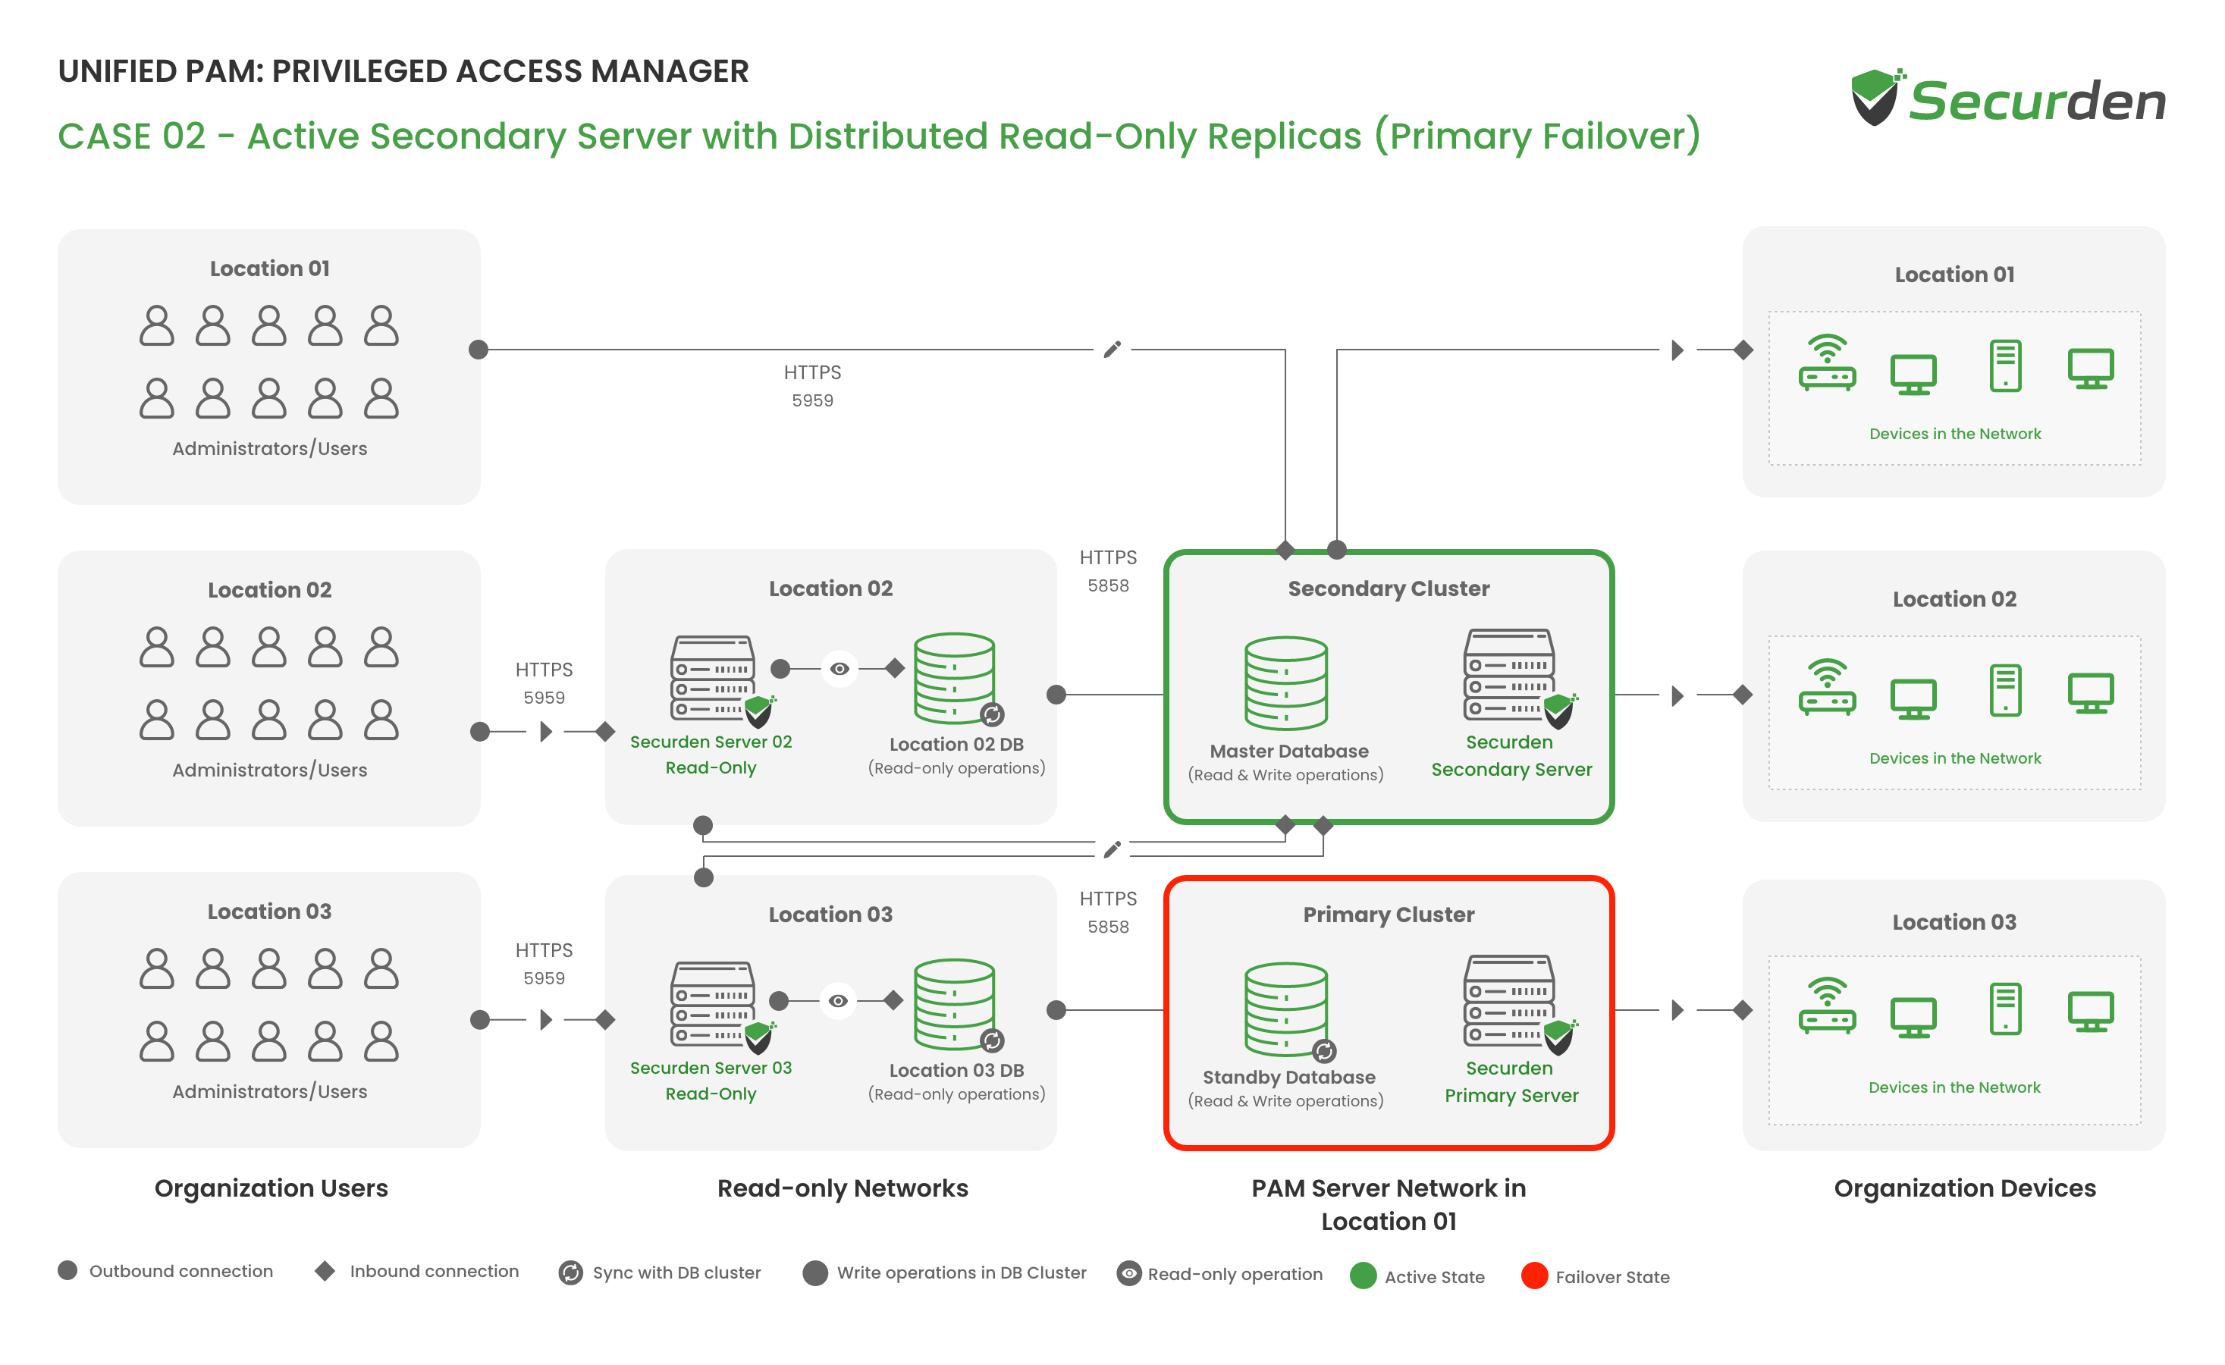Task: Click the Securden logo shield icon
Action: pos(1876,96)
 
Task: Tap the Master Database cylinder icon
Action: pos(1286,682)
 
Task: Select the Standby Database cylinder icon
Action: pos(1288,1010)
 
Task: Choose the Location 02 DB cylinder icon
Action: pos(956,678)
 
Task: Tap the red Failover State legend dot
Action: pos(1534,1276)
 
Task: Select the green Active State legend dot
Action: pos(1363,1276)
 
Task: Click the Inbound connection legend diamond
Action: pos(325,1271)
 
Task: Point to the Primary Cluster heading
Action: pos(1388,915)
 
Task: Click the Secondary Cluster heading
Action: pos(1388,588)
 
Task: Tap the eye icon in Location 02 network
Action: pos(839,669)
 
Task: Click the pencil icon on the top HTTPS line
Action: pos(1112,350)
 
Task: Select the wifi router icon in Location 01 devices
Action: pos(1827,363)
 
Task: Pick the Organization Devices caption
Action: pos(1965,1188)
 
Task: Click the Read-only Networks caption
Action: pos(843,1188)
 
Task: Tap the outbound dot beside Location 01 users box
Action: pos(479,350)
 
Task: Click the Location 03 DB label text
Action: pos(956,1070)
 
